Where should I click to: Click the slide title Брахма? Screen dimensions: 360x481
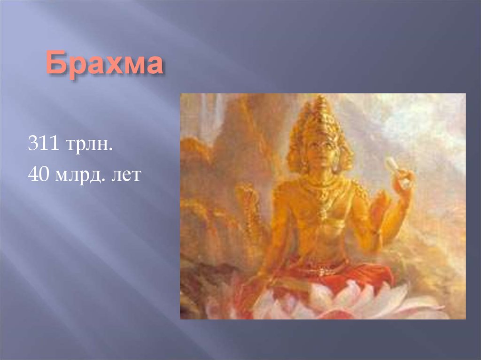pos(104,65)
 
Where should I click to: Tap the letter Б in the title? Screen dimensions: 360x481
pos(55,65)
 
